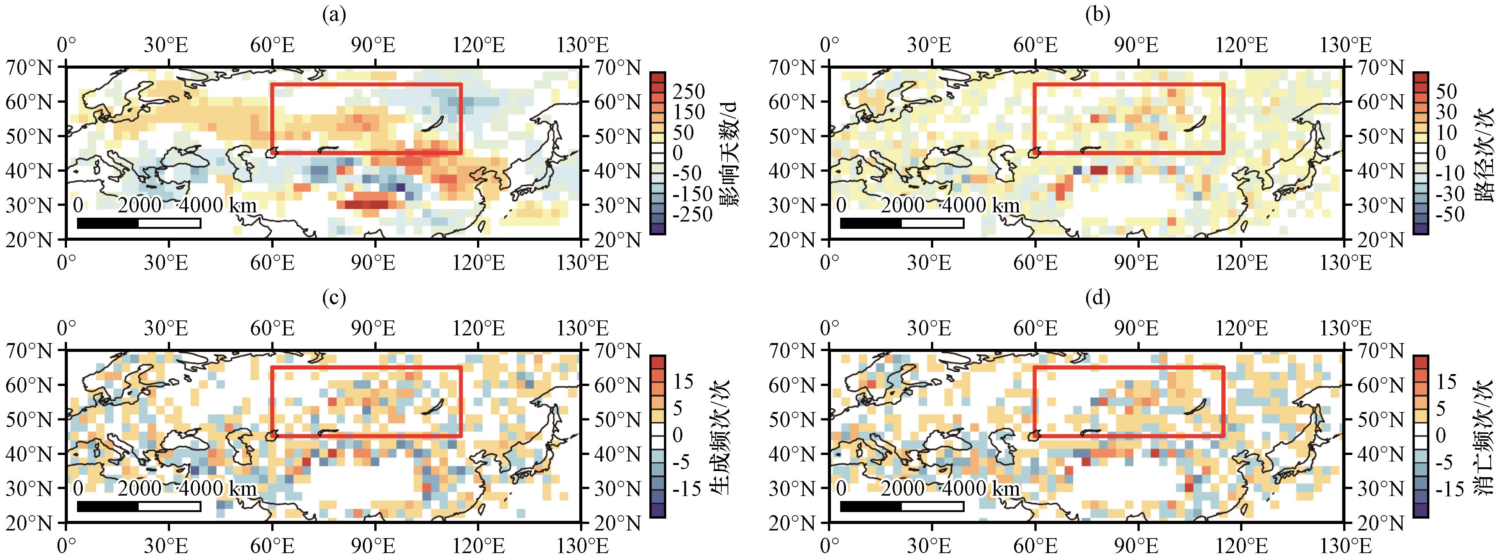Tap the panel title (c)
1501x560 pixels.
click(x=334, y=298)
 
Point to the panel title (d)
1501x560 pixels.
click(x=1098, y=298)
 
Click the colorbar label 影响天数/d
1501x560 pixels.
click(x=728, y=153)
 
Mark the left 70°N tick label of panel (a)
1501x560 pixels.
click(x=29, y=69)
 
